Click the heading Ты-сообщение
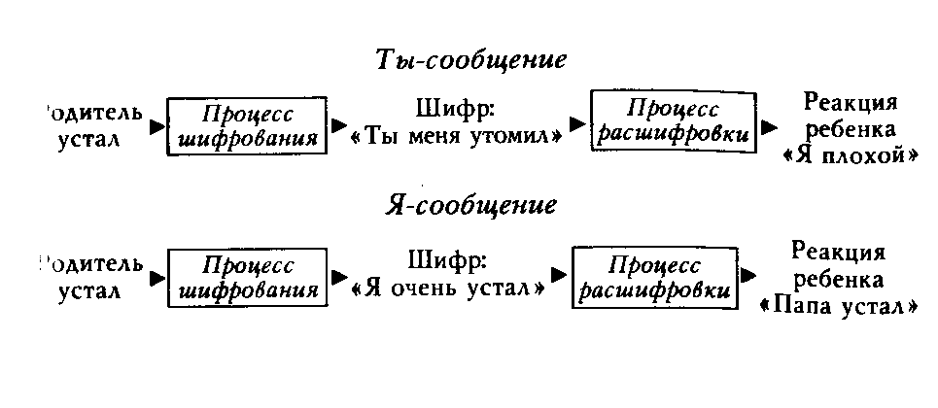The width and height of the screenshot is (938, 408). click(x=470, y=59)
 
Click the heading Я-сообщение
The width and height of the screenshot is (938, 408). click(x=470, y=206)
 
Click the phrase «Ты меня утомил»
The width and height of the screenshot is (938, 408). click(x=456, y=138)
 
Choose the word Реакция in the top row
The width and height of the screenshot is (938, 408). click(x=851, y=104)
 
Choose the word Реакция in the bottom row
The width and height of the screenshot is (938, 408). click(x=838, y=254)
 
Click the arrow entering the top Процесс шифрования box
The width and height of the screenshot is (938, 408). click(x=156, y=125)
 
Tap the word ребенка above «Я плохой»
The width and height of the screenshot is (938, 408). click(x=851, y=130)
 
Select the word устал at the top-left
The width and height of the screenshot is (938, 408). click(x=88, y=138)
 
